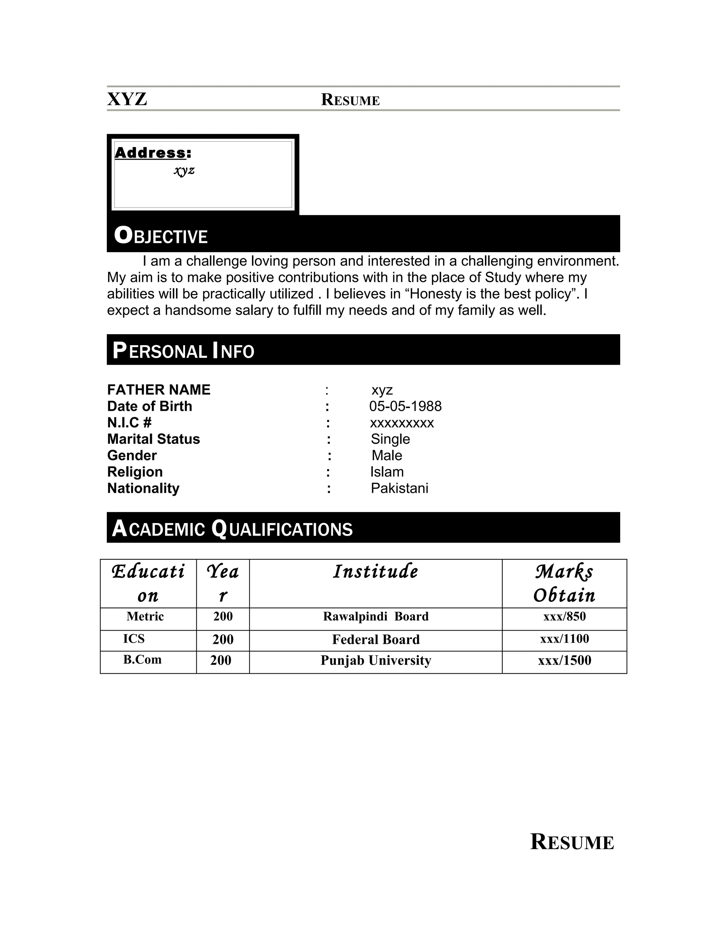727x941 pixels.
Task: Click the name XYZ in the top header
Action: coord(127,99)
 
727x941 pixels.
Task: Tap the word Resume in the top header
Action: coord(350,100)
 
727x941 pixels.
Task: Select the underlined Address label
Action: coord(150,153)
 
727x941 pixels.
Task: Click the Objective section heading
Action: coord(161,236)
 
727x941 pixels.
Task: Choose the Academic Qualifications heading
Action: coord(232,529)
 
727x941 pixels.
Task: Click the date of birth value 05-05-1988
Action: coord(405,406)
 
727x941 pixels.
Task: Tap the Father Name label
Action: coord(158,390)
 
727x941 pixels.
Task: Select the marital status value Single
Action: coord(390,439)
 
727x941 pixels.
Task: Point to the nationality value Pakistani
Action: coord(399,488)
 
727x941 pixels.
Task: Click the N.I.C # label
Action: coord(129,422)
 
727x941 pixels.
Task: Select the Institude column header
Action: coord(376,572)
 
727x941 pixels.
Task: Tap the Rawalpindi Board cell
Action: coord(376,616)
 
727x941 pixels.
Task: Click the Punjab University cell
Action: coord(376,660)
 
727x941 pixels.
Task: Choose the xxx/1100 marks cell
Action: coord(564,638)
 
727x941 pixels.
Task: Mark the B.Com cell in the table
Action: coord(142,660)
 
